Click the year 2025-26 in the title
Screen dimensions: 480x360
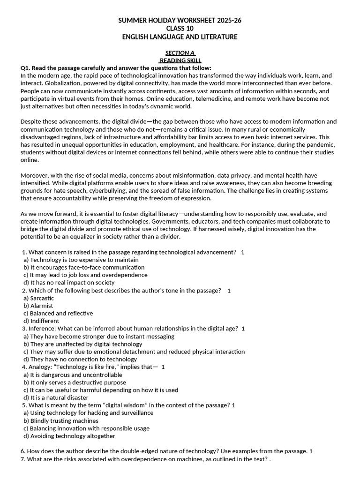point(227,21)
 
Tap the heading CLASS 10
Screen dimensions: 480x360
point(180,29)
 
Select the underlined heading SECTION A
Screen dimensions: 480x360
point(180,53)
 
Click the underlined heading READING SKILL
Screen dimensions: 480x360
point(180,60)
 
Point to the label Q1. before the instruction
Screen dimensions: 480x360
point(26,68)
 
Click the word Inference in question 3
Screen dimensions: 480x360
point(42,329)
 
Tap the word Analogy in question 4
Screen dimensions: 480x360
point(40,367)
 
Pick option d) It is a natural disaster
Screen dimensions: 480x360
point(52,397)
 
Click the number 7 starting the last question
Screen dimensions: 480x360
point(22,459)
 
